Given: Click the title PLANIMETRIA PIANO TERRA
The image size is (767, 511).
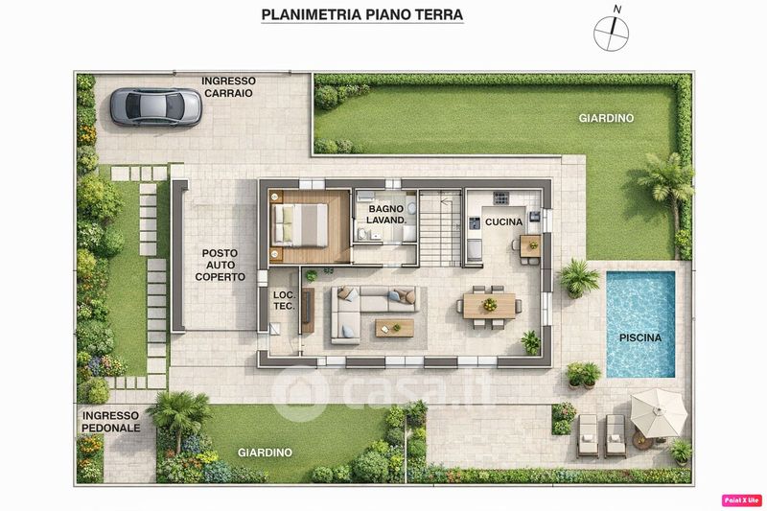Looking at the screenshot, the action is [362, 14].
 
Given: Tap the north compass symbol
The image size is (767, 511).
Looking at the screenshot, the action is [612, 31].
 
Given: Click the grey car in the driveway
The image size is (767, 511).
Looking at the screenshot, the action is [155, 106].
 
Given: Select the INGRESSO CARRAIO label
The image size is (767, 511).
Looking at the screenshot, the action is [228, 87].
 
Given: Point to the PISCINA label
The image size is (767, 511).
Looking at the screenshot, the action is [640, 337].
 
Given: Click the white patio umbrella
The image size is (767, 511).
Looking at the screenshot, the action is [659, 413].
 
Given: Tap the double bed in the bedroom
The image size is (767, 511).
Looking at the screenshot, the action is [300, 225].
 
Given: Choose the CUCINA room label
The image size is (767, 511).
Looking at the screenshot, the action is [504, 222].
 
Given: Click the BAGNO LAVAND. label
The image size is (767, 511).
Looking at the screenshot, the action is [386, 215].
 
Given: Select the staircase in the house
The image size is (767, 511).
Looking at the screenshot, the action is [440, 228].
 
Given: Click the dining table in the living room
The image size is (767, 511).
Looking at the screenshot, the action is [489, 306].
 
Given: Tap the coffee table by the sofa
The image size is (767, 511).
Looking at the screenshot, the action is [394, 328].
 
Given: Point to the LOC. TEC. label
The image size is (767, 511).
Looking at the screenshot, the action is [284, 301].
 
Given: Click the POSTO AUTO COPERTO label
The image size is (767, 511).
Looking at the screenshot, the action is [221, 265].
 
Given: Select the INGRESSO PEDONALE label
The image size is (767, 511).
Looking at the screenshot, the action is [110, 422].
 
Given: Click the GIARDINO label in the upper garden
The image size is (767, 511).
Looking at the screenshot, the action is [606, 118].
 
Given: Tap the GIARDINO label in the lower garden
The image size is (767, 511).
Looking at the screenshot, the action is [265, 453].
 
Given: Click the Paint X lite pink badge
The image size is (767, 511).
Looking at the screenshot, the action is [741, 500].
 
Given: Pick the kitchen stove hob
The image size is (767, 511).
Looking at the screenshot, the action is [500, 198].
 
